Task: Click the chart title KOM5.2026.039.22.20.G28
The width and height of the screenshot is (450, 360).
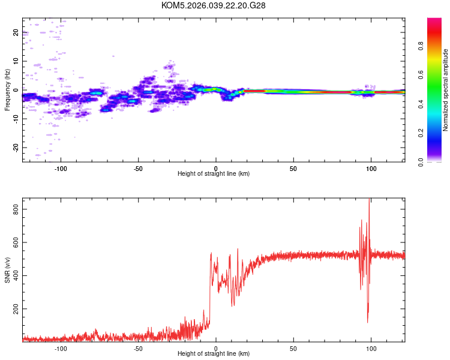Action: pos(214,5)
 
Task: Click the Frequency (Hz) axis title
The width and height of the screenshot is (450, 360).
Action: pos(7,90)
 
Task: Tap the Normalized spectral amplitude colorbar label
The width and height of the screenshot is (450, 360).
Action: pos(446,90)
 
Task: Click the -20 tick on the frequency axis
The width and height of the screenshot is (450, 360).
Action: pos(16,148)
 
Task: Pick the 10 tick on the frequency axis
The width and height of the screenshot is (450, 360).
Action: pos(16,61)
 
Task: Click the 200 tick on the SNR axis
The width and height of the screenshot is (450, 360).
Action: pos(14,309)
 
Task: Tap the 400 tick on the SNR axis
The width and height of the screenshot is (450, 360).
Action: pos(14,275)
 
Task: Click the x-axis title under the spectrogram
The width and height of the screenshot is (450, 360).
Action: pos(214,174)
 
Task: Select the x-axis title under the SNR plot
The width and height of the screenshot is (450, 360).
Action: pos(214,354)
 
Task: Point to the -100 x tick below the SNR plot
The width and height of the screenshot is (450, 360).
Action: pos(61,348)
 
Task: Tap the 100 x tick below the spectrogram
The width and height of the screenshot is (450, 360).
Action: pos(371,168)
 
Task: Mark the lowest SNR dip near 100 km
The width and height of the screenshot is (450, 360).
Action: pos(368,322)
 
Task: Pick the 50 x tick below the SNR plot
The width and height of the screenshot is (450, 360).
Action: pos(293,348)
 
